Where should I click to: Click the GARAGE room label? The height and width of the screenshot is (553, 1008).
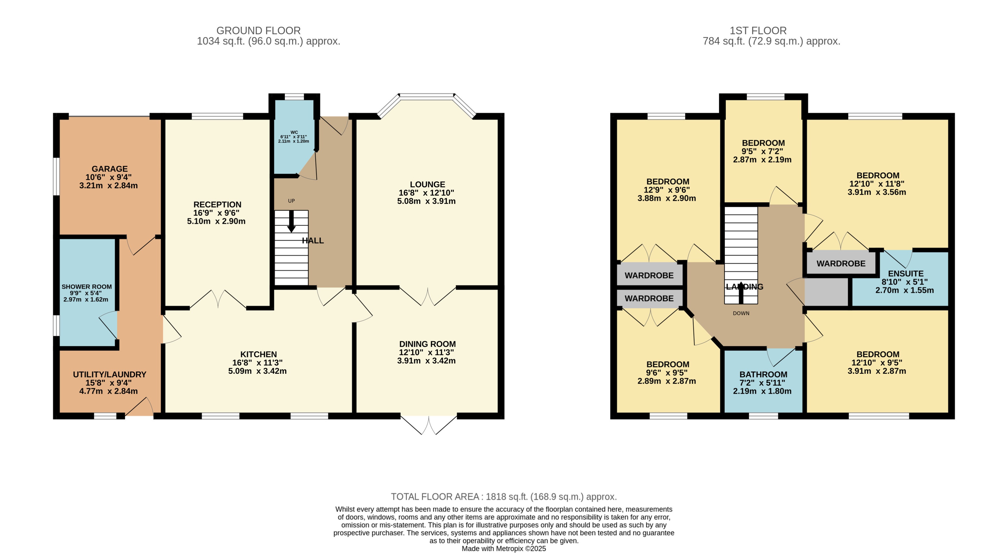[109, 169]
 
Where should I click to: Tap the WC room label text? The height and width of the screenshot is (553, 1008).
[294, 132]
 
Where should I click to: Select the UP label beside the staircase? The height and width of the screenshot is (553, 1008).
[291, 201]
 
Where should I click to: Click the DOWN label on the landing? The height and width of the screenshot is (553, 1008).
[741, 313]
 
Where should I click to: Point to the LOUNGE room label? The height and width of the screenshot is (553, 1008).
[427, 184]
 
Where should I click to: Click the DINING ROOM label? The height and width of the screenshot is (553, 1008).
[427, 344]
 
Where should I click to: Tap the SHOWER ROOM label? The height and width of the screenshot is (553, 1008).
[86, 287]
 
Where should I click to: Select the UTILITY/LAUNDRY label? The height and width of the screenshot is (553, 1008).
[109, 374]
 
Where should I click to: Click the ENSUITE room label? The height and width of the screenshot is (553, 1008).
[905, 274]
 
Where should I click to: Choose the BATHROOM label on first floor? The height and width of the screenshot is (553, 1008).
[763, 374]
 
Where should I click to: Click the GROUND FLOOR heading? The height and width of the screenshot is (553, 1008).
[258, 31]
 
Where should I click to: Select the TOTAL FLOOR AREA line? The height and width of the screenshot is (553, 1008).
[504, 497]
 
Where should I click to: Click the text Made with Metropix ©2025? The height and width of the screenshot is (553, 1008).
[504, 548]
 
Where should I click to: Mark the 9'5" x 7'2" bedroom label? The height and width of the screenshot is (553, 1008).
[763, 143]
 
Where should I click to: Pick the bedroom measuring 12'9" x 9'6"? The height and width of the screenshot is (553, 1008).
[668, 181]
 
